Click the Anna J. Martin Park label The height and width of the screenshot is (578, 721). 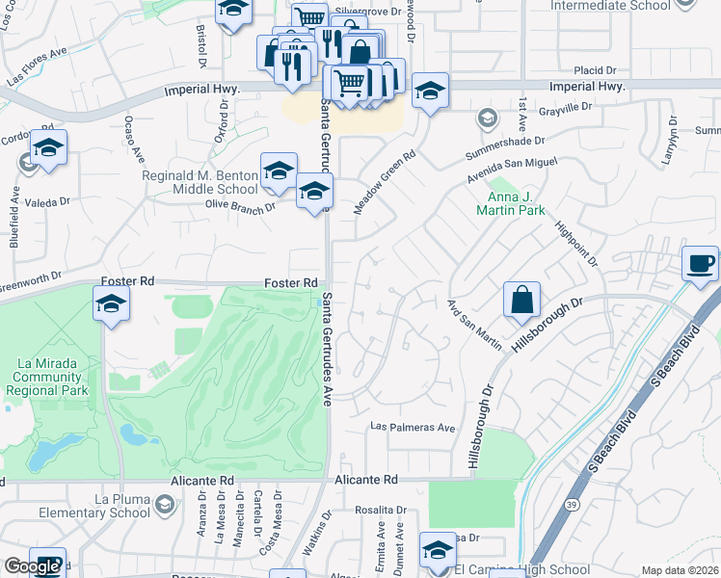pos(510,202)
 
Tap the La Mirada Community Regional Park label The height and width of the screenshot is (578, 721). pos(46,377)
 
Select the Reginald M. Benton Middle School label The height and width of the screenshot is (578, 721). pos(187,183)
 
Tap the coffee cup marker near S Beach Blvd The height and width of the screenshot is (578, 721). pos(701,263)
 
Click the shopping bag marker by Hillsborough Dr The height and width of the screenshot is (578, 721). pos(521,300)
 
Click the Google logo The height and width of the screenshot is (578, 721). pos(32,566)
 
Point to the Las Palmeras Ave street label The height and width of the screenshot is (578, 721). pos(414,427)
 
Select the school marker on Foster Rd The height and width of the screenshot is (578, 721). pos(111,305)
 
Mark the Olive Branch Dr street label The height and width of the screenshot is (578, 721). pos(240,205)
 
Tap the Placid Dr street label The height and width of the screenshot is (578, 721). pos(595,70)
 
